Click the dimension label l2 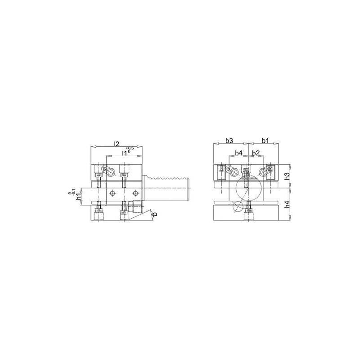tap(116, 144)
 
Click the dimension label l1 tap(124, 153)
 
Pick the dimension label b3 tap(229, 141)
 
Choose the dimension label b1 tap(265, 141)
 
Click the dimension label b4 tap(239, 153)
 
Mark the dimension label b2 tap(255, 153)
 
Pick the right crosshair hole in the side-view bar tap(134, 193)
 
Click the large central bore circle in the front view tap(247, 189)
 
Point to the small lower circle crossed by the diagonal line tap(238, 207)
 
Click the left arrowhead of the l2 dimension tap(92, 147)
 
